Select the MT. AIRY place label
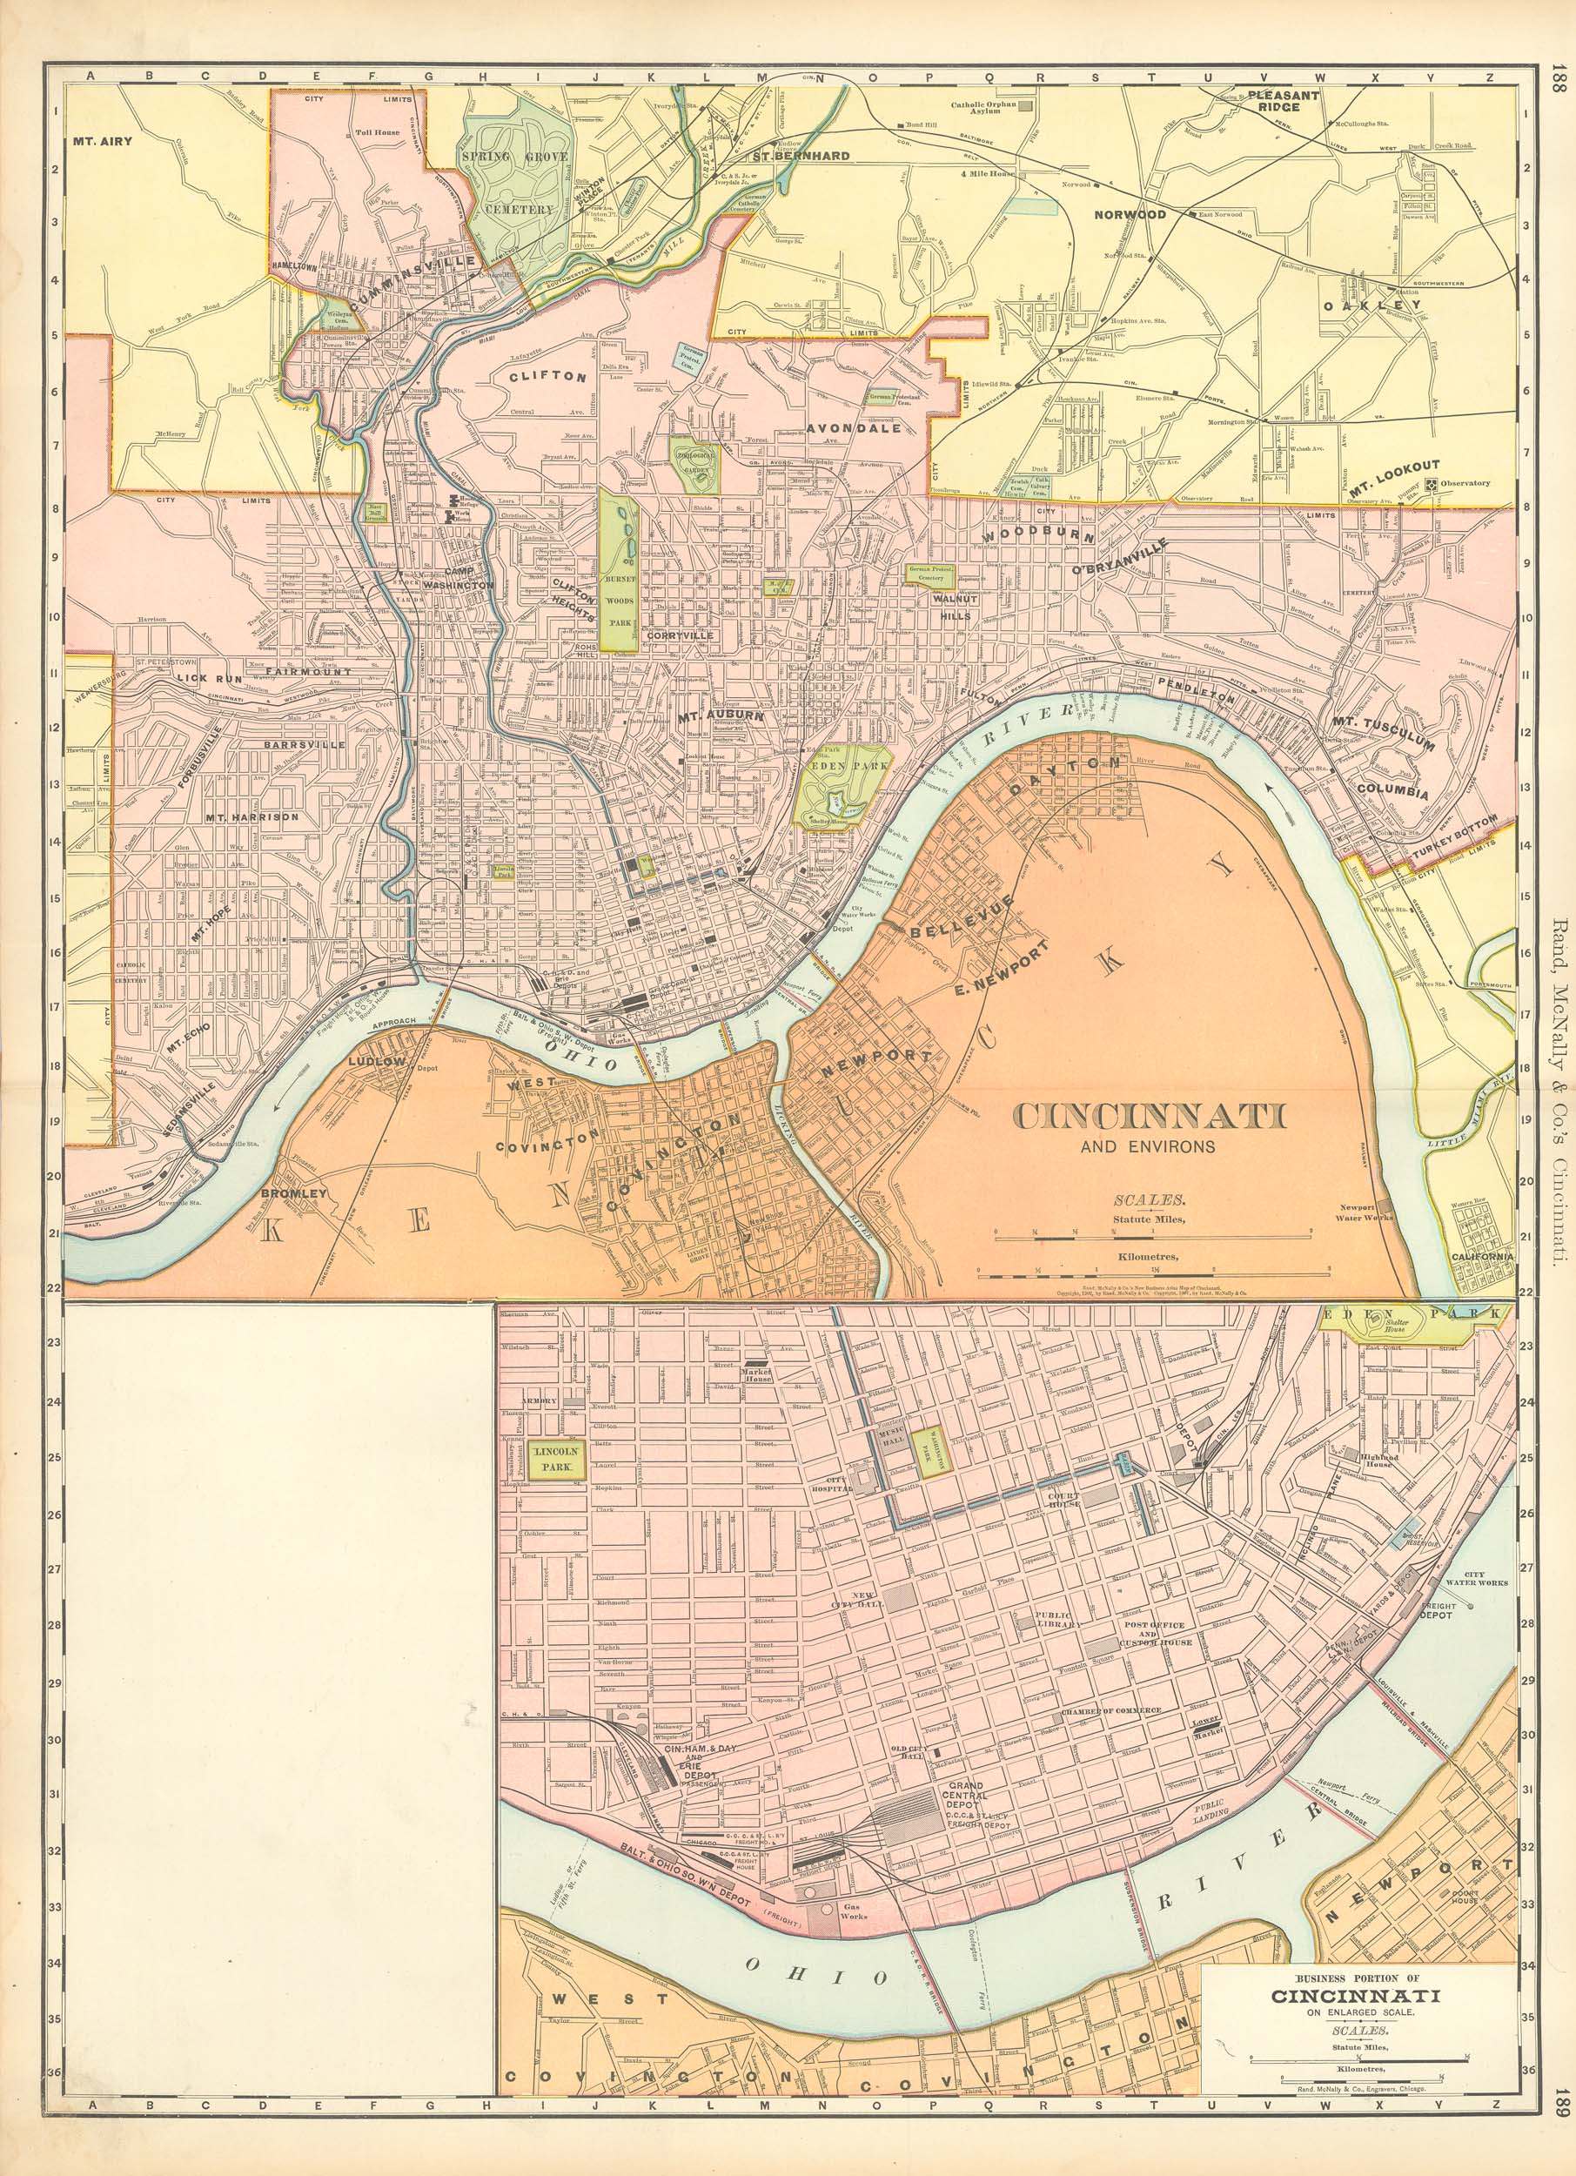coord(102,140)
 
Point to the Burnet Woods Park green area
coord(620,575)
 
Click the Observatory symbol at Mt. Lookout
coord(1433,485)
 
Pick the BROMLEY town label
coord(294,1194)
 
